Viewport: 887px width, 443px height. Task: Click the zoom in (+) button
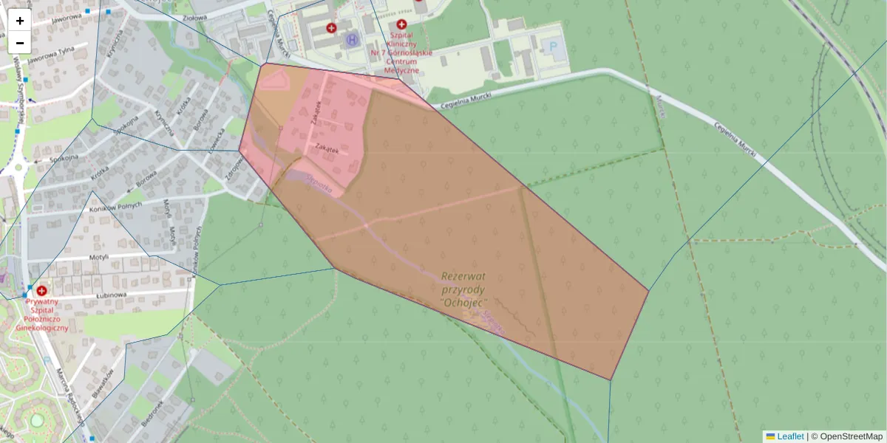20,21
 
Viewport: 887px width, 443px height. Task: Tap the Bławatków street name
104,384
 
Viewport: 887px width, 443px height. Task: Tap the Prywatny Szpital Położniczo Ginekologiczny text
41,314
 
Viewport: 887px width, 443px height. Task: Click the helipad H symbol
352,39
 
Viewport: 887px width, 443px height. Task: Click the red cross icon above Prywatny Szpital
41,291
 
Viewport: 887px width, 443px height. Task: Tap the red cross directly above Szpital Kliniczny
401,24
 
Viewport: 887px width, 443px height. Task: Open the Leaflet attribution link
789,436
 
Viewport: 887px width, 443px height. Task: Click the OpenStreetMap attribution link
851,436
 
